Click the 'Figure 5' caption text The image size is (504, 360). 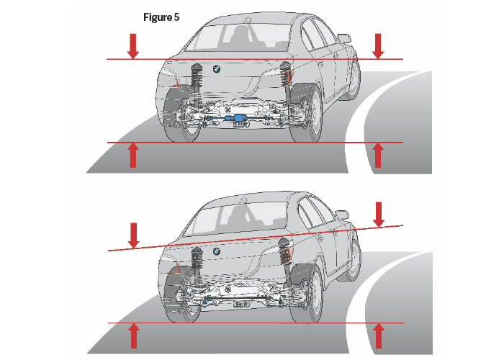pos(162,18)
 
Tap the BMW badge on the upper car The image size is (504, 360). pos(215,68)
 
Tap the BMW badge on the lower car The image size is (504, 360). pos(215,251)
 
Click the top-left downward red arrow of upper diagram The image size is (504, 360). pos(132,45)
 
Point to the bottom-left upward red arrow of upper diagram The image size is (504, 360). pos(132,155)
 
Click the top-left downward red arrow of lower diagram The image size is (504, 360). pos(132,234)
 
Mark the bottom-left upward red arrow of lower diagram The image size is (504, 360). pos(132,336)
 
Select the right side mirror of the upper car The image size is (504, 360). pos(344,38)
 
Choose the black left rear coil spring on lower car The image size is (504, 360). pos(195,260)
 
